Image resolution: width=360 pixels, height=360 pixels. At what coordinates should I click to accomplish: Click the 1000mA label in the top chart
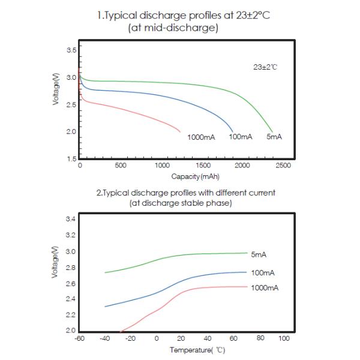click(x=201, y=137)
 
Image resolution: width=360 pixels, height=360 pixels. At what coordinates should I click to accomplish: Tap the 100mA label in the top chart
click(x=241, y=137)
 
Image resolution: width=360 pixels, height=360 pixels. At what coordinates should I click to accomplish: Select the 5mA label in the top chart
click(x=274, y=137)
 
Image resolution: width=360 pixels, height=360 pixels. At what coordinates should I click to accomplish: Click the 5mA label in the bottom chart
click(x=259, y=254)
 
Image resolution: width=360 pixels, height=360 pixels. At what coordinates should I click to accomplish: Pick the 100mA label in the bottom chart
click(x=262, y=272)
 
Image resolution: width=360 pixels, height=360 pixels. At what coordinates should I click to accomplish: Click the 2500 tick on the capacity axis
click(x=283, y=165)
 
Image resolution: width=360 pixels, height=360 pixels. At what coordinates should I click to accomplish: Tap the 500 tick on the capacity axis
click(x=120, y=165)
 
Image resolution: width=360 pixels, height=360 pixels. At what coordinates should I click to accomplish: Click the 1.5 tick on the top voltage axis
click(x=71, y=159)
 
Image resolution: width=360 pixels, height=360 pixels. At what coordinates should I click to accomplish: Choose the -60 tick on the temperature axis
click(x=79, y=338)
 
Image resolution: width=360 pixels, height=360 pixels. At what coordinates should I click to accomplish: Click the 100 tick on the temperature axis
click(x=284, y=338)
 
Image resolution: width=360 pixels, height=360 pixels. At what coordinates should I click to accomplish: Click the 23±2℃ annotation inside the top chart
click(x=265, y=67)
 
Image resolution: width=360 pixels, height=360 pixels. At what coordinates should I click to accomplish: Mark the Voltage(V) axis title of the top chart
click(x=56, y=90)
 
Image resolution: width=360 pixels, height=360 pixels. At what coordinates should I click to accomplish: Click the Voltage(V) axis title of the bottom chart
click(x=56, y=262)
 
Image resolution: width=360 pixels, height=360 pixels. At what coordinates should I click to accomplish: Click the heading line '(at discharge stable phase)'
click(x=181, y=203)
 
